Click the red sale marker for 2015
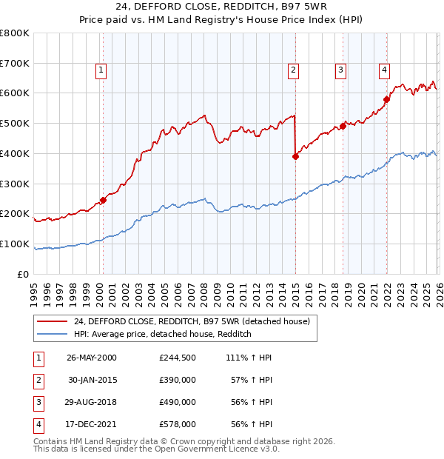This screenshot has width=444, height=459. click(x=295, y=156)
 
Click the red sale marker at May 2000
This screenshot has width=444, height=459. click(x=104, y=200)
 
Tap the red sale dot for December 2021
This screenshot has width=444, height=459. click(x=386, y=99)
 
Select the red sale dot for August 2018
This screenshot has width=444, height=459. click(x=343, y=126)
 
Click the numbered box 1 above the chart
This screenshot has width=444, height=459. click(x=101, y=70)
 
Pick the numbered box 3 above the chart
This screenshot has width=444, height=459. click(x=340, y=70)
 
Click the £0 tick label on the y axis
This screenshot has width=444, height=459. click(x=24, y=274)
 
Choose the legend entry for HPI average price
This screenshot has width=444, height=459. click(x=163, y=335)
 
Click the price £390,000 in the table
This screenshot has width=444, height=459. click(x=178, y=379)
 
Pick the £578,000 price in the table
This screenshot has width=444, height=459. click(x=178, y=424)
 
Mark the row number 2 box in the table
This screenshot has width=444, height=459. click(x=37, y=380)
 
